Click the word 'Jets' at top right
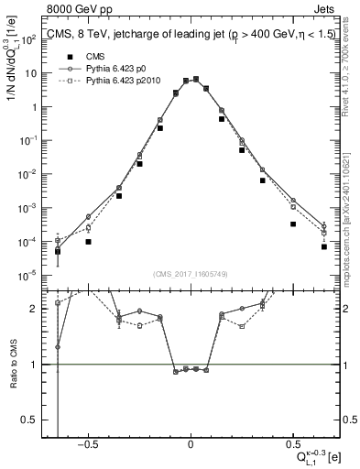(326, 10)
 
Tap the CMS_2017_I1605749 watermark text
(191, 275)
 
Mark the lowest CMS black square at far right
(324, 246)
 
